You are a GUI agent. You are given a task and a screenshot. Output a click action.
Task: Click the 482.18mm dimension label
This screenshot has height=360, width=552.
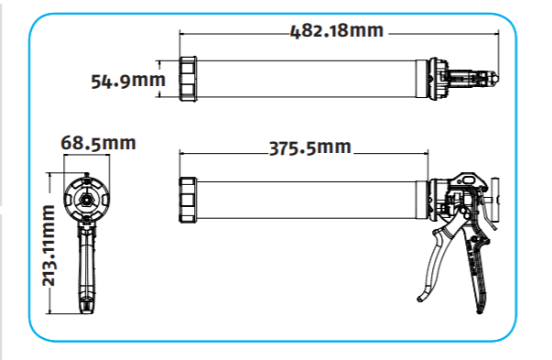click(337, 30)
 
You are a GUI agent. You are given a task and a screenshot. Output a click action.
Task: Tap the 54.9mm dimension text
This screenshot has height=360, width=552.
click(128, 81)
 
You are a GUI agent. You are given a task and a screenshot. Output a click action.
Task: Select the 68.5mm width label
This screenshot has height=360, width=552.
click(98, 143)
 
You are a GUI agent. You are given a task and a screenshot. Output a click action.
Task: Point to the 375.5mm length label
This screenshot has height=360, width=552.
click(310, 147)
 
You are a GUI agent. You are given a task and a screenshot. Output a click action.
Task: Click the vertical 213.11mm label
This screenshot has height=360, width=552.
click(49, 245)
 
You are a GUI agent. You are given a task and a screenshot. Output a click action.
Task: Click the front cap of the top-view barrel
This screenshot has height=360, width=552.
click(188, 79)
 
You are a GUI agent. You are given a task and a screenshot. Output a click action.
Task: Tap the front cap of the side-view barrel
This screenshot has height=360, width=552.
click(188, 200)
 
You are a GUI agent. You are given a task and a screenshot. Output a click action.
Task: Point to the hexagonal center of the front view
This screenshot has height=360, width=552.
click(86, 199)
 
